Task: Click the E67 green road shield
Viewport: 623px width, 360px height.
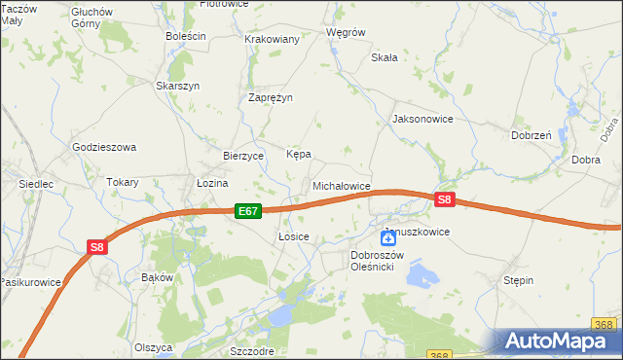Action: tap(247, 210)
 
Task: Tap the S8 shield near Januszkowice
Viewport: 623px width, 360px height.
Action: tap(445, 200)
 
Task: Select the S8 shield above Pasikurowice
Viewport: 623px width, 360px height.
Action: tap(96, 247)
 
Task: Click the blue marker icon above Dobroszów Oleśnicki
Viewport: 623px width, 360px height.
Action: tap(387, 238)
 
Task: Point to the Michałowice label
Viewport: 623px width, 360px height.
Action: tap(341, 185)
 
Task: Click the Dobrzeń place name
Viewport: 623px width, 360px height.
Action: tap(531, 135)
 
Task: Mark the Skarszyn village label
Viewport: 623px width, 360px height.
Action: tap(178, 86)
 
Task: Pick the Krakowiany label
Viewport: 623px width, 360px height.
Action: tap(272, 39)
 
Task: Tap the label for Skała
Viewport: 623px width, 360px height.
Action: tap(385, 57)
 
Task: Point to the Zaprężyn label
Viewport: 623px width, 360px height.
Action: tap(271, 97)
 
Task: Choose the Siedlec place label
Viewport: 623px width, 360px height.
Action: tap(35, 183)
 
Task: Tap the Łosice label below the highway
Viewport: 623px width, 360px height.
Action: tap(293, 236)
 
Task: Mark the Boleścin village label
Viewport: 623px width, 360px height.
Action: tap(186, 36)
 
